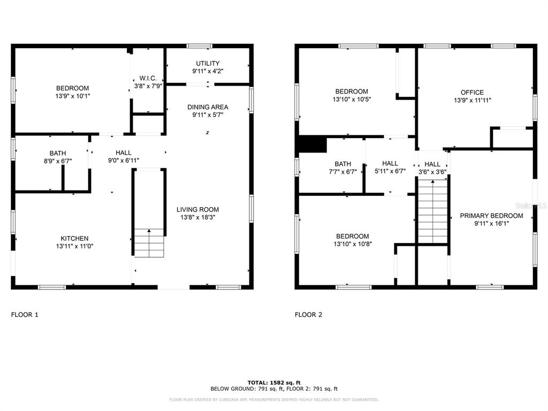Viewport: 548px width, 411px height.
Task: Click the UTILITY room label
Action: pos(208,63)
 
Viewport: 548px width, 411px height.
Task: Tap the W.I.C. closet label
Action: pos(148,78)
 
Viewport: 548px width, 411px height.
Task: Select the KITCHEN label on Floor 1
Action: pos(74,238)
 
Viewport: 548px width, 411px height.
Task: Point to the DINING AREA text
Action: pos(208,107)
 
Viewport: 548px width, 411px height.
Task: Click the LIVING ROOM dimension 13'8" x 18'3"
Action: pos(197,217)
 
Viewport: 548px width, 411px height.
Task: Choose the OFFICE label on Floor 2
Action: pos(472,93)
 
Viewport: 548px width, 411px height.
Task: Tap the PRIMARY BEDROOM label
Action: pos(491,216)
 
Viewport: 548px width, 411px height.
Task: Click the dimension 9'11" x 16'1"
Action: pos(491,224)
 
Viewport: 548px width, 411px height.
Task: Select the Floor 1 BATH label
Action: pos(58,153)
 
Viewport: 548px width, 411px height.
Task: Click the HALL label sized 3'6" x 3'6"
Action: pos(432,164)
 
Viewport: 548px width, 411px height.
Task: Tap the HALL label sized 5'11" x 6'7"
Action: pos(390,164)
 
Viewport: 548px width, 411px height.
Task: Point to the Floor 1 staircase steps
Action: pos(149,243)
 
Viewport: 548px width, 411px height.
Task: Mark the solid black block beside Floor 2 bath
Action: pos(312,144)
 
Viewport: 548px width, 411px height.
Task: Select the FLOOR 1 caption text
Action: pos(25,315)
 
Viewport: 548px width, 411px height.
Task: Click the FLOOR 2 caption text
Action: pos(308,315)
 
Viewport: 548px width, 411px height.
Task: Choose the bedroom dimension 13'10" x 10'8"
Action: pos(352,244)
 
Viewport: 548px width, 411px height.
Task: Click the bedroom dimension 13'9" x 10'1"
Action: pos(72,96)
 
